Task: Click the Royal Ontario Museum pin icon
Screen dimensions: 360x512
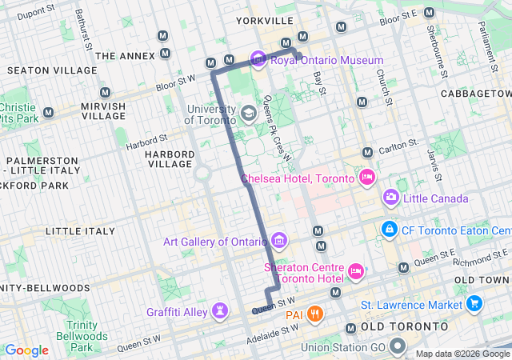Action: (258, 60)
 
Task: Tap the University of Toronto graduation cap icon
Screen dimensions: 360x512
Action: (249, 114)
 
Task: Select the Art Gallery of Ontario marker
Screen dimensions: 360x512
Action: (278, 241)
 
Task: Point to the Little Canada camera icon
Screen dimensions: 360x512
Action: (391, 197)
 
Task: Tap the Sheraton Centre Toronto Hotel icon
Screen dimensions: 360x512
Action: (356, 274)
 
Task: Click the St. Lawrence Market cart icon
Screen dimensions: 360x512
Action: (474, 304)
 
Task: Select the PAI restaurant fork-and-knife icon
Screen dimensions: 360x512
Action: (316, 314)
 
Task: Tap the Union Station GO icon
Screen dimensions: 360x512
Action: (398, 347)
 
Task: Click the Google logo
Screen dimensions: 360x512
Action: (27, 350)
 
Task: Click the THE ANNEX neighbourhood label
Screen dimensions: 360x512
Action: (124, 56)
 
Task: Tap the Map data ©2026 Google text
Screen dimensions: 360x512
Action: (462, 354)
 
